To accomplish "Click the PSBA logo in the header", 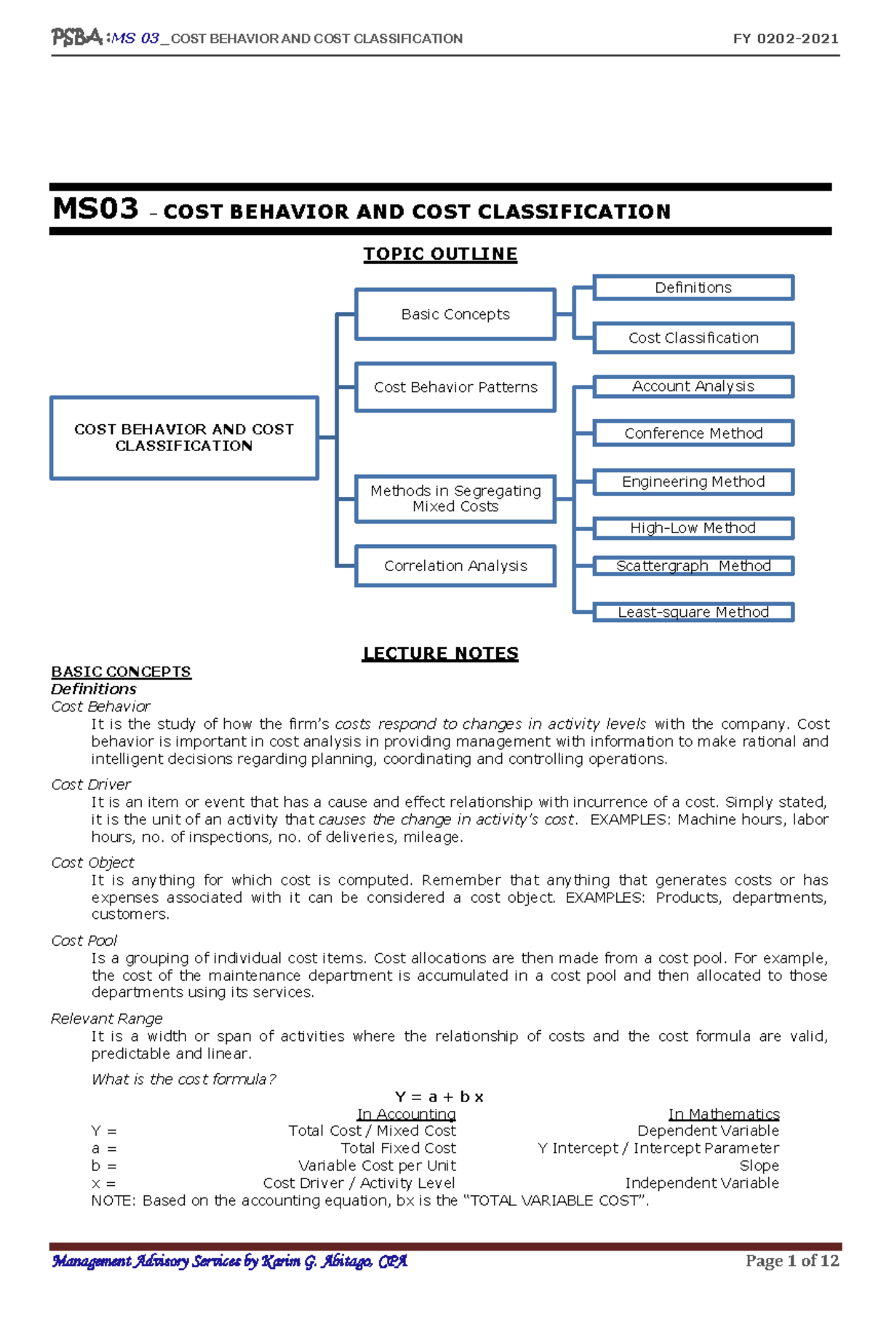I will coord(76,37).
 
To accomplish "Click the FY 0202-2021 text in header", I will coord(786,39).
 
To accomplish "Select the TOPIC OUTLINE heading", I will coord(440,254).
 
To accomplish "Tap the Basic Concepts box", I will coord(455,314).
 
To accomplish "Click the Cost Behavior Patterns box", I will coord(455,387).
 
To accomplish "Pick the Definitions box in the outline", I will coord(693,287).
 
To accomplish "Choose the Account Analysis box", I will coord(693,386).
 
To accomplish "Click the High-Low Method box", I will coord(693,528).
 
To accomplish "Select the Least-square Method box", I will coord(693,612).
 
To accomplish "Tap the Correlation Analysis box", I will coord(455,566).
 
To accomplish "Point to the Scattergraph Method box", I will coord(693,566).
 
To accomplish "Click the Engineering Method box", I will coord(693,482).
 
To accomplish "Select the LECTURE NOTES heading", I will coord(440,653).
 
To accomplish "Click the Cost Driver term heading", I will coord(91,784).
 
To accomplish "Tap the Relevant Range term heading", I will coord(106,1019).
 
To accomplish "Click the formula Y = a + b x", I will coord(439,1096).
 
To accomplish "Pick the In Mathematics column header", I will coord(724,1114).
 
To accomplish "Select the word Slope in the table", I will coord(759,1165).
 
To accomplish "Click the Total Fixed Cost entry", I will coord(398,1148).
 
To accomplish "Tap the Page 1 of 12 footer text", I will coord(792,1261).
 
